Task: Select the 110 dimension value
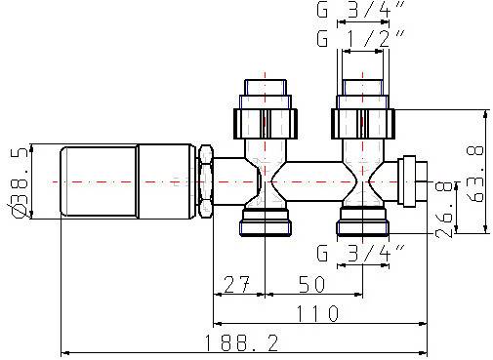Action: click(318, 313)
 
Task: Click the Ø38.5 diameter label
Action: click(19, 182)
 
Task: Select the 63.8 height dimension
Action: click(475, 171)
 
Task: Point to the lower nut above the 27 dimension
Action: click(266, 224)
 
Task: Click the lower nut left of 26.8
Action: click(362, 224)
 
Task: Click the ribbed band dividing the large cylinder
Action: click(137, 182)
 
